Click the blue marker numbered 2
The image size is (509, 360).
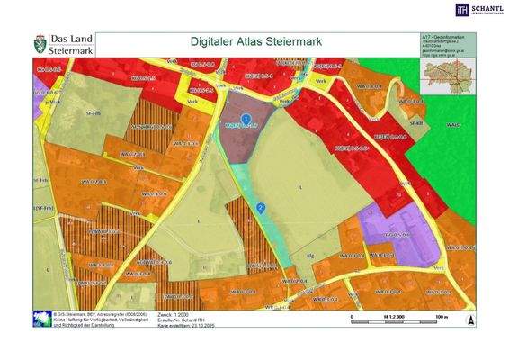click(261, 208)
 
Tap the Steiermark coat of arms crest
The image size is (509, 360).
click(40, 43)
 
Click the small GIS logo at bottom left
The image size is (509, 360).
click(40, 319)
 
